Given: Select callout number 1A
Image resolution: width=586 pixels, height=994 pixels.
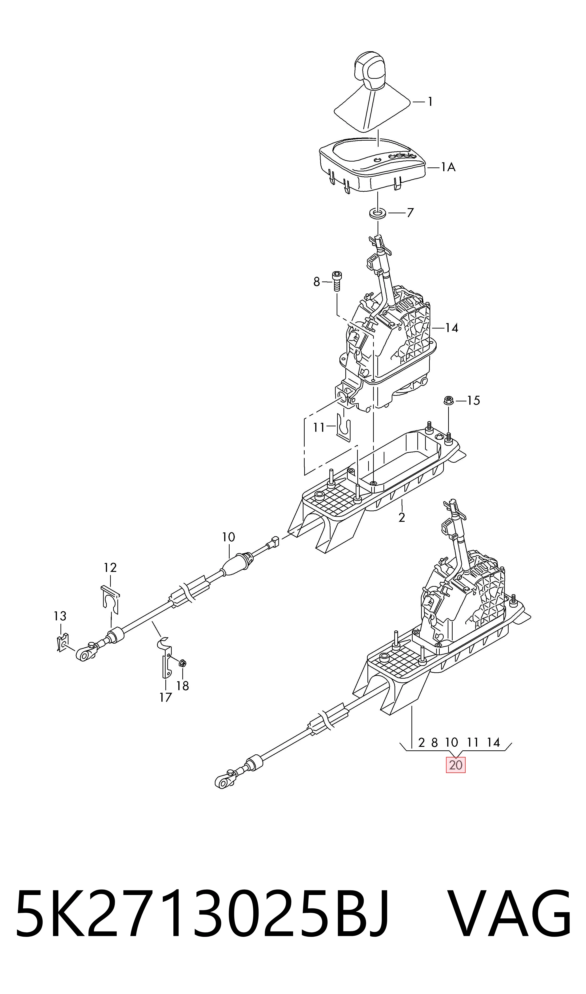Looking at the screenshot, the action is click(x=448, y=168).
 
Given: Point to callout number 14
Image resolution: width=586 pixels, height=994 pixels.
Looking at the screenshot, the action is click(x=452, y=328).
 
